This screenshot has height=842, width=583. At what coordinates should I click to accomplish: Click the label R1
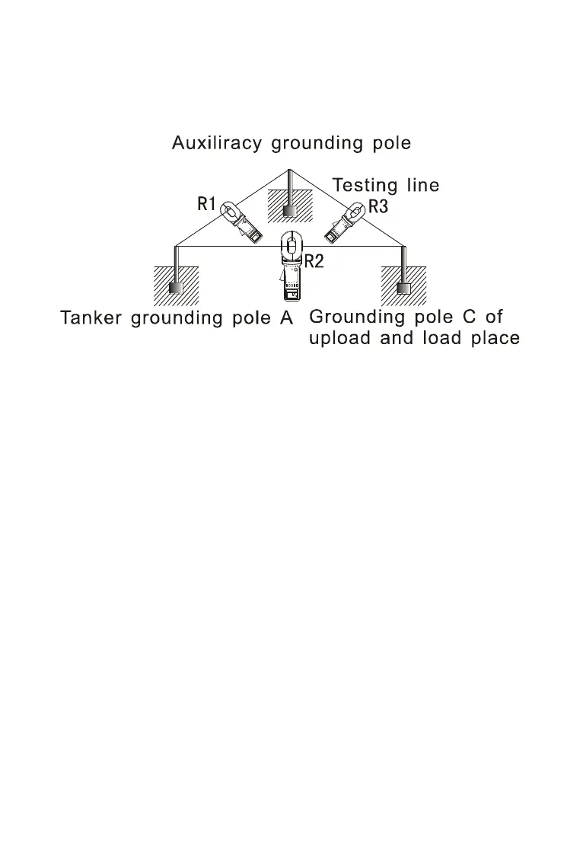pyautogui.click(x=207, y=203)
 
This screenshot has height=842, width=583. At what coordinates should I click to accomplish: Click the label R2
pyautogui.click(x=314, y=261)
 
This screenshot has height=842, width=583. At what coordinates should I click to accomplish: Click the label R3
pyautogui.click(x=378, y=206)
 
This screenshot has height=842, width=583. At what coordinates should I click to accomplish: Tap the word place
pyautogui.click(x=494, y=338)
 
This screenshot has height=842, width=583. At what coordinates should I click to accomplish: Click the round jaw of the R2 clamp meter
pyautogui.click(x=291, y=245)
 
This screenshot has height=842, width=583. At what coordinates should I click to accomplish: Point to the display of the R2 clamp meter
pyautogui.click(x=292, y=293)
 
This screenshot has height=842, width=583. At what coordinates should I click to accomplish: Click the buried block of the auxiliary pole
pyautogui.click(x=288, y=210)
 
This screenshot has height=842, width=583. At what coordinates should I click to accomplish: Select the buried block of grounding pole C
pyautogui.click(x=403, y=289)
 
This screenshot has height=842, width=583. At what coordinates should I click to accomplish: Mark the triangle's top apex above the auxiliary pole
pyautogui.click(x=288, y=169)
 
